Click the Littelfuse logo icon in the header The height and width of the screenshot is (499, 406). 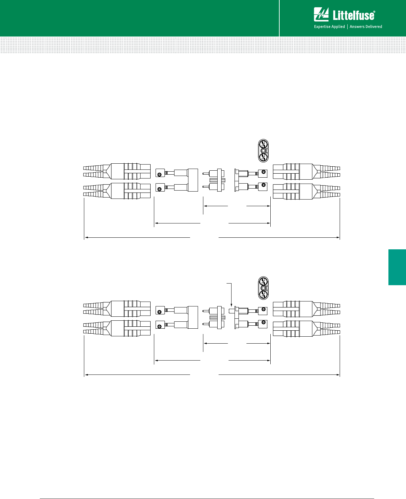pos(321,15)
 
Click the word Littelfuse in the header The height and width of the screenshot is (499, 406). pos(354,15)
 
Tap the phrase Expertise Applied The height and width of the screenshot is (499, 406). pos(329,27)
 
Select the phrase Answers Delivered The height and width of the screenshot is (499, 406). pos(366,27)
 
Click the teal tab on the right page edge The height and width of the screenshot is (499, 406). pos(397,267)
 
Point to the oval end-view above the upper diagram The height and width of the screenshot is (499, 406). pos(263,151)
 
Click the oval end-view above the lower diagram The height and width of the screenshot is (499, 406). pos(263,288)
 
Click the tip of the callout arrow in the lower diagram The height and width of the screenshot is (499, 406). pos(231,305)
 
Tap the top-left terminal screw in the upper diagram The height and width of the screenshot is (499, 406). pos(160,175)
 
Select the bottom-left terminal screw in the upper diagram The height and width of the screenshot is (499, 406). pos(160,189)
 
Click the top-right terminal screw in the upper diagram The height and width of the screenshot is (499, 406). pos(263,172)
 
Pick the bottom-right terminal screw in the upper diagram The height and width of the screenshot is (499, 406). pos(263,185)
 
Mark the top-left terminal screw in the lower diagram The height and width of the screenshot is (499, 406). pos(160,312)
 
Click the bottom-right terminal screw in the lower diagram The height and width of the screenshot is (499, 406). pos(263,322)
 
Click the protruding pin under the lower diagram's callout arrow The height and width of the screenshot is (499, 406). pos(232,311)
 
